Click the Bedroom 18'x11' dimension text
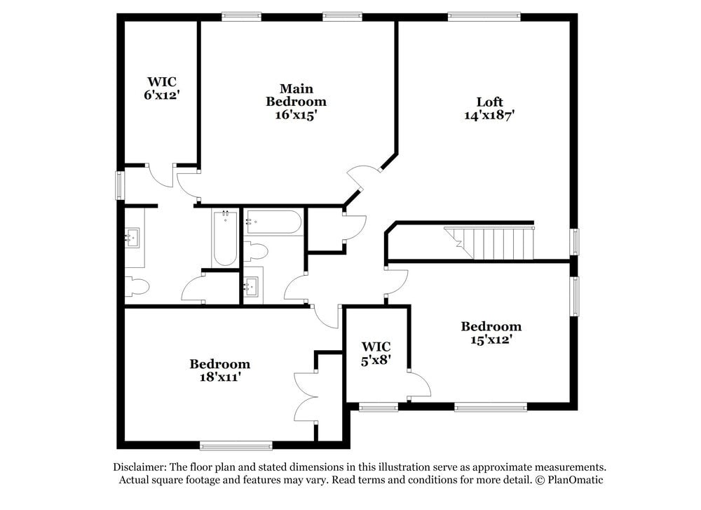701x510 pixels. pyautogui.click(x=219, y=377)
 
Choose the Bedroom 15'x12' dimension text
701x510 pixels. pyautogui.click(x=491, y=340)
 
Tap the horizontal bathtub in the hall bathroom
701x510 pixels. pyautogui.click(x=273, y=222)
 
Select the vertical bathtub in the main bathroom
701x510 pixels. pyautogui.click(x=224, y=239)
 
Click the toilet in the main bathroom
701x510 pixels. pyautogui.click(x=137, y=286)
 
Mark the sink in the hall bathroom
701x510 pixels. pyautogui.click(x=253, y=286)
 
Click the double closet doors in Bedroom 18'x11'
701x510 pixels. pyautogui.click(x=306, y=397)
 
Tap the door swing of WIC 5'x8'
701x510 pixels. pyautogui.click(x=420, y=383)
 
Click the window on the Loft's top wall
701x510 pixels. pyautogui.click(x=484, y=16)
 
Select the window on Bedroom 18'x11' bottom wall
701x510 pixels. pyautogui.click(x=236, y=445)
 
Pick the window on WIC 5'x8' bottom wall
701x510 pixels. pyautogui.click(x=379, y=406)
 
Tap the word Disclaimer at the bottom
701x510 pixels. pyautogui.click(x=139, y=467)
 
